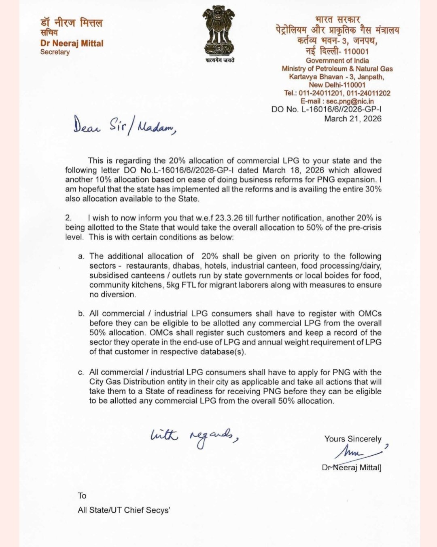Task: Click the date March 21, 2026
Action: [x=352, y=119]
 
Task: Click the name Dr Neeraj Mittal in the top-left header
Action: [x=72, y=43]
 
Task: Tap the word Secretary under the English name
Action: [x=55, y=52]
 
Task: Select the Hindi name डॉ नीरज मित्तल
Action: [x=71, y=23]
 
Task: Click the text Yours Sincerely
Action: [x=352, y=439]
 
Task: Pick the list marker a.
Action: [x=81, y=257]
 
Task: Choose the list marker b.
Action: [x=81, y=314]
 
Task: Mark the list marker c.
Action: [x=81, y=372]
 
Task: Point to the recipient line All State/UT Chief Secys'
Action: [x=124, y=510]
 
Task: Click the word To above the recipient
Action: [x=82, y=496]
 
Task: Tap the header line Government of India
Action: [x=337, y=61]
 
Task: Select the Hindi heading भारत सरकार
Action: [x=337, y=19]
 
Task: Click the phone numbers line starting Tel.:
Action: [x=337, y=93]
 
